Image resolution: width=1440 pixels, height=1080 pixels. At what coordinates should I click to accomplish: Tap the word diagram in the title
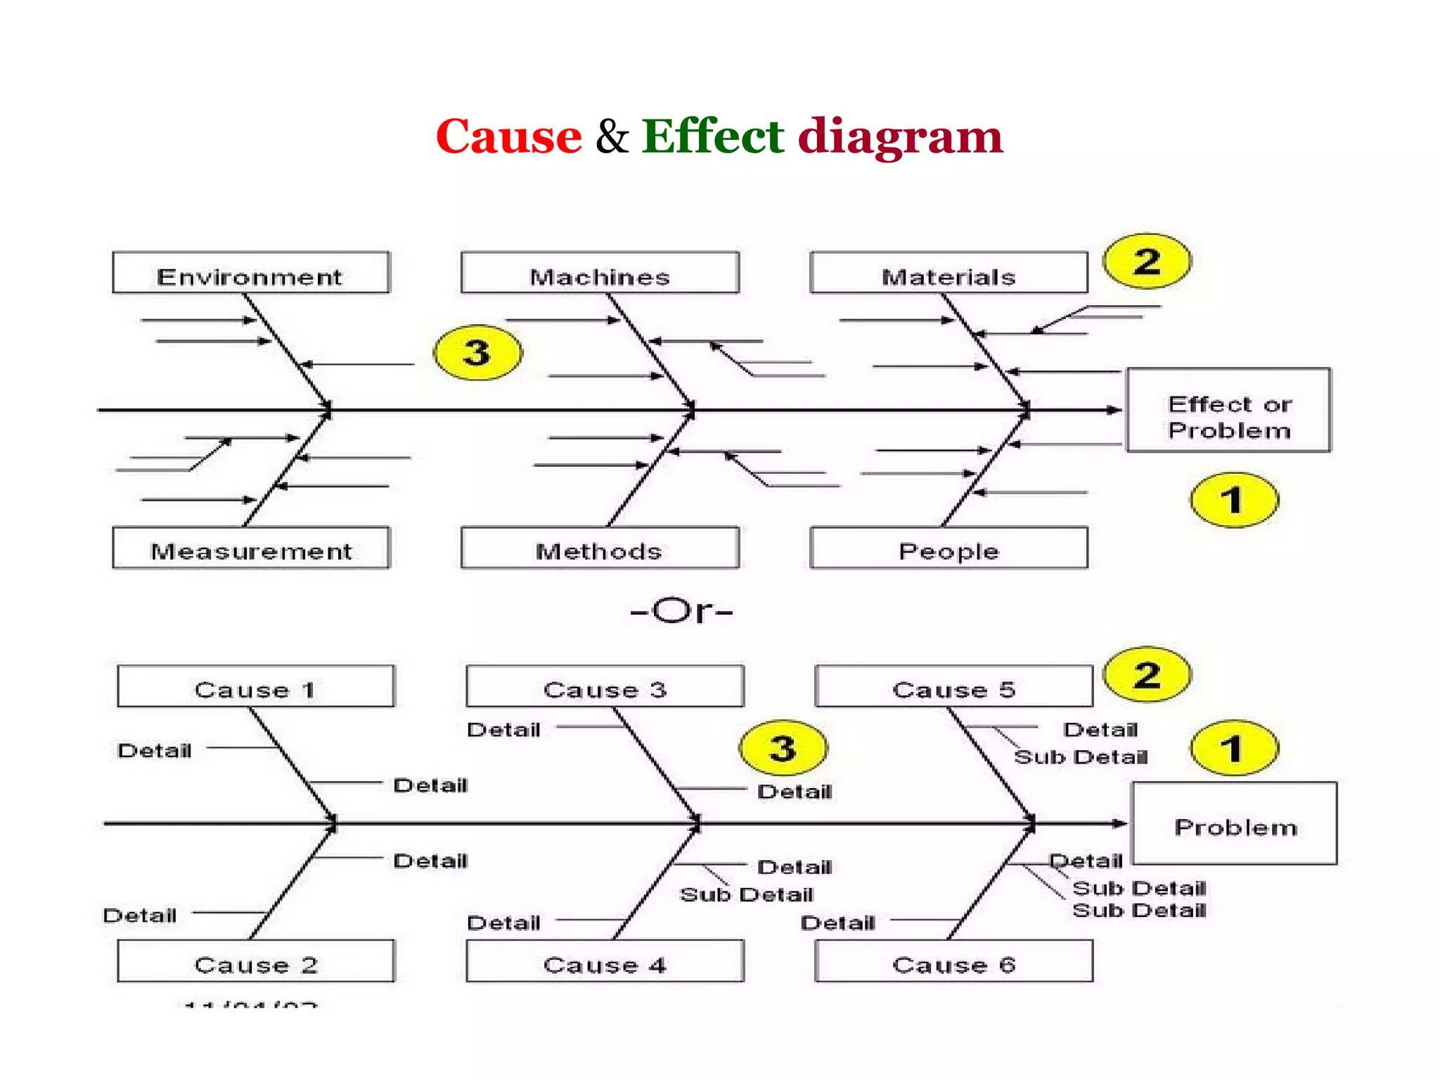point(899,137)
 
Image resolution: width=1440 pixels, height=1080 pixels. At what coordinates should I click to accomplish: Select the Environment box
point(250,273)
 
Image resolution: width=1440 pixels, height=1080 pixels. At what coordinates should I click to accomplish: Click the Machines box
point(599,273)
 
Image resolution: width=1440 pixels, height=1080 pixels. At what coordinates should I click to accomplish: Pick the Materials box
point(949,273)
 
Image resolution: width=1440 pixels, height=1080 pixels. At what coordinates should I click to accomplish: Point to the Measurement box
point(250,548)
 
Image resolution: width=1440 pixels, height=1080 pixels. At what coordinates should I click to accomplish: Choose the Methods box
point(599,548)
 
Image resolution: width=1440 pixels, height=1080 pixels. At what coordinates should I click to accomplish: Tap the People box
point(949,548)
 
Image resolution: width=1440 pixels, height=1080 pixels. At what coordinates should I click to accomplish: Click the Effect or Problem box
point(1228,411)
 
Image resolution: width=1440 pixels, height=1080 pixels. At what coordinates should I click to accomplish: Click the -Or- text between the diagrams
point(681,610)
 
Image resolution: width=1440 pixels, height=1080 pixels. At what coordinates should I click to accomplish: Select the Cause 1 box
point(255,686)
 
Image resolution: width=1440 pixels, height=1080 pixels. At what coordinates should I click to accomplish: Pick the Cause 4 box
point(604,961)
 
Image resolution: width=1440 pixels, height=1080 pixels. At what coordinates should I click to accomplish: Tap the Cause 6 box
point(953,961)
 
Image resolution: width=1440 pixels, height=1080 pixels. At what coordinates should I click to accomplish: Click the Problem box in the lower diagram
point(1234,824)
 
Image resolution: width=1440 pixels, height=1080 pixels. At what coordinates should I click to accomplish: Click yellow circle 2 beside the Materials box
point(1147,262)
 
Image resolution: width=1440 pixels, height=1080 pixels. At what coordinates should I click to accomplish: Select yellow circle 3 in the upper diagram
point(477,352)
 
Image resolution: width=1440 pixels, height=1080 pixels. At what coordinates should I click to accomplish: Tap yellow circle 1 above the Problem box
point(1233,748)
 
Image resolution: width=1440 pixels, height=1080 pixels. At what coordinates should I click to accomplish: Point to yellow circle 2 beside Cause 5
point(1147,675)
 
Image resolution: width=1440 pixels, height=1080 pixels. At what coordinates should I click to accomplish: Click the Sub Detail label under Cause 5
point(1080,757)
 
